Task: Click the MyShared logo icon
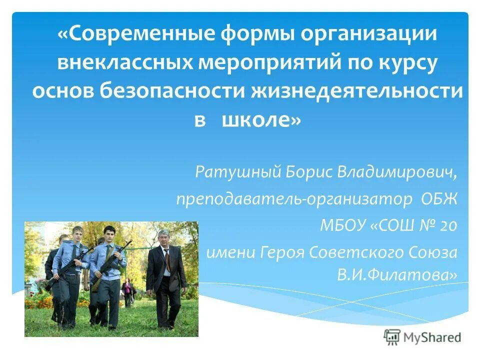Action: click(392, 336)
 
